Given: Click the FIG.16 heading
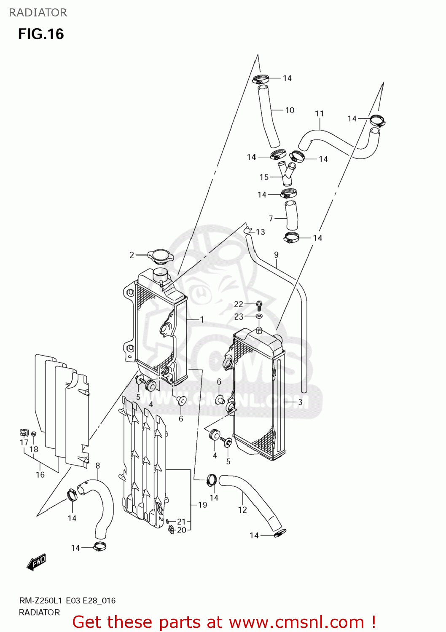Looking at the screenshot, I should tap(41, 34).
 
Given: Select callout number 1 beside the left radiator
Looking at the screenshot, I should tap(202, 320).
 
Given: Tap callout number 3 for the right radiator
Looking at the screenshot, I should tap(300, 402).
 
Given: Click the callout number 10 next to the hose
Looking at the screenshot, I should tap(290, 110).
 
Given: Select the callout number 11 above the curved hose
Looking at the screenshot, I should tap(320, 114).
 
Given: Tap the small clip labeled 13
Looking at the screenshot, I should tap(247, 230).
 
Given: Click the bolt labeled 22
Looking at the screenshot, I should tap(259, 303).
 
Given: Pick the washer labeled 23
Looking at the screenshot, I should tap(259, 316).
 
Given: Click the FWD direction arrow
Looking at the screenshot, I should tap(36, 562).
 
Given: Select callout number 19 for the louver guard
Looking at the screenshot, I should tap(202, 505).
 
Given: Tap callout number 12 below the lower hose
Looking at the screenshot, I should tap(242, 510).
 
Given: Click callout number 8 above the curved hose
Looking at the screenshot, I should tap(98, 466).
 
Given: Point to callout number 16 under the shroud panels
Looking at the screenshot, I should tap(40, 475).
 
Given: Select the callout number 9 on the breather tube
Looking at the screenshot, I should tap(276, 255).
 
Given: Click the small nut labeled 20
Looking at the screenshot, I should tap(172, 529).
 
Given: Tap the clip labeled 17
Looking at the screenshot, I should tap(24, 432).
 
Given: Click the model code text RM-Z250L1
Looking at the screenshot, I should tap(41, 601).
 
